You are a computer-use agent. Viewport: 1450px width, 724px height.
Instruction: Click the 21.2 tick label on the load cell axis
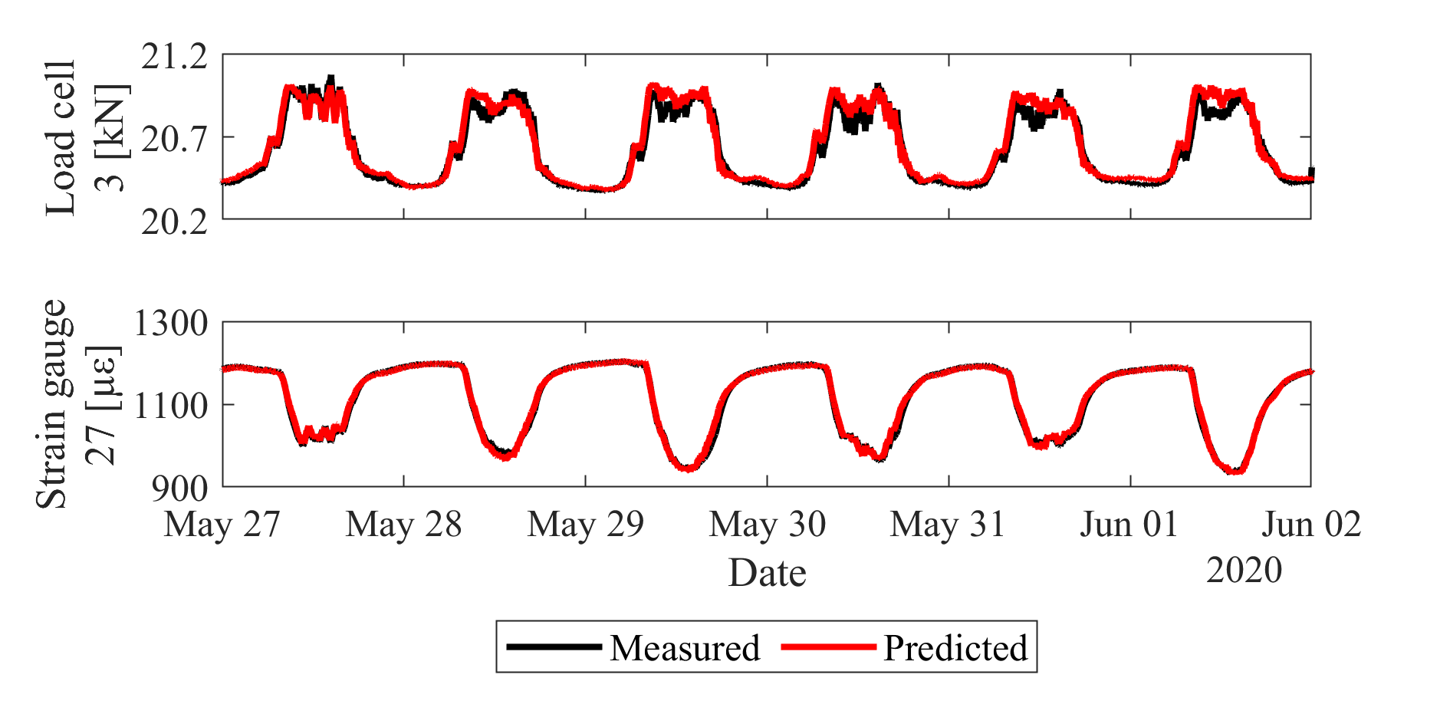pos(174,57)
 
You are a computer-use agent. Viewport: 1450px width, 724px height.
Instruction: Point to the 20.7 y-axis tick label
pos(174,139)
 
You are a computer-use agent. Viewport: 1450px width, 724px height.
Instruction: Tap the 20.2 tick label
pos(174,222)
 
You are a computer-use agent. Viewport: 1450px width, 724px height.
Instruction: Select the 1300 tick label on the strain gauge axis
pos(170,324)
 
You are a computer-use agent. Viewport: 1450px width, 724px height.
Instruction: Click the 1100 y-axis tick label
pos(170,406)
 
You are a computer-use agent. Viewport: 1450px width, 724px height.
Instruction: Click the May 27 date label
pos(222,525)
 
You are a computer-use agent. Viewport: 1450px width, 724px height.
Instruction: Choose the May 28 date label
pos(404,525)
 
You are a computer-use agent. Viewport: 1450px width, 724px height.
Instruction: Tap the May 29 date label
pos(586,525)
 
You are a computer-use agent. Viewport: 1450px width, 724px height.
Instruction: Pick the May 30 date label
pos(768,525)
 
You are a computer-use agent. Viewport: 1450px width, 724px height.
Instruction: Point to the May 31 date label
pos(948,525)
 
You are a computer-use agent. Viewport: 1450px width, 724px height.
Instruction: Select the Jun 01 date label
pos(1129,525)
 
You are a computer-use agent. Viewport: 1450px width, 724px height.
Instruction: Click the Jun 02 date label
pos(1311,525)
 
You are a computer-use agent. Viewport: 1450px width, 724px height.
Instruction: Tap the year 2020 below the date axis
pos(1244,570)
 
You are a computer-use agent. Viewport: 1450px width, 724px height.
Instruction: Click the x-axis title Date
pos(767,573)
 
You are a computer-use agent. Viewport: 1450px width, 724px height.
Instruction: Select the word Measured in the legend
pos(685,648)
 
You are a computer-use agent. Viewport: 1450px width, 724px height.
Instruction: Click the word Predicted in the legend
pos(955,648)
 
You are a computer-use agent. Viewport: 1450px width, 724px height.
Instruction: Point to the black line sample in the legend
pos(554,647)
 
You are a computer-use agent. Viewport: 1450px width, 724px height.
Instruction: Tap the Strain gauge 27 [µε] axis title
pos(77,404)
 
